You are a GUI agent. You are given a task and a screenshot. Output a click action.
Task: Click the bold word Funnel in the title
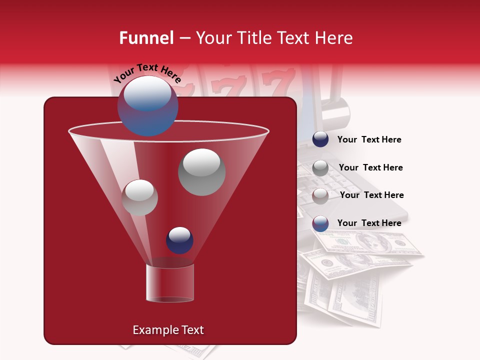146,38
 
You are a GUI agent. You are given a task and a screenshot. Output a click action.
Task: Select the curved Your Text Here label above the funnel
147,73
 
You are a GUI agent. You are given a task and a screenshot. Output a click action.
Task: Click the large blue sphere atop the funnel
148,105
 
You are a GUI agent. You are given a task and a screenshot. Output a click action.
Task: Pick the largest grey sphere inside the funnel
201,172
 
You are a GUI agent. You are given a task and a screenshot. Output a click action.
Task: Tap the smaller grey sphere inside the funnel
139,197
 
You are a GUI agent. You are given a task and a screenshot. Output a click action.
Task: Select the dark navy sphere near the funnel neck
179,240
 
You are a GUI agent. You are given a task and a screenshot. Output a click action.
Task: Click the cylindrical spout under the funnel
169,282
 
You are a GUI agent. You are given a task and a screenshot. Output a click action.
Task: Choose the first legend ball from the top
320,139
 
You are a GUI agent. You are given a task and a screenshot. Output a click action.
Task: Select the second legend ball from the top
320,167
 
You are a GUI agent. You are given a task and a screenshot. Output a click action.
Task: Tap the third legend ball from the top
320,195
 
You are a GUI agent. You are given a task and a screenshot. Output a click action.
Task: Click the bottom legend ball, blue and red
320,223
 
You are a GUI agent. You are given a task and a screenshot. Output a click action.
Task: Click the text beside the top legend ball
369,139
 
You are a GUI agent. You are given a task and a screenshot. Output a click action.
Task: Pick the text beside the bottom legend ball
369,223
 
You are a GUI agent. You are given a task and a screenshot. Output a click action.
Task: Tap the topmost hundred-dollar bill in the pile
367,244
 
